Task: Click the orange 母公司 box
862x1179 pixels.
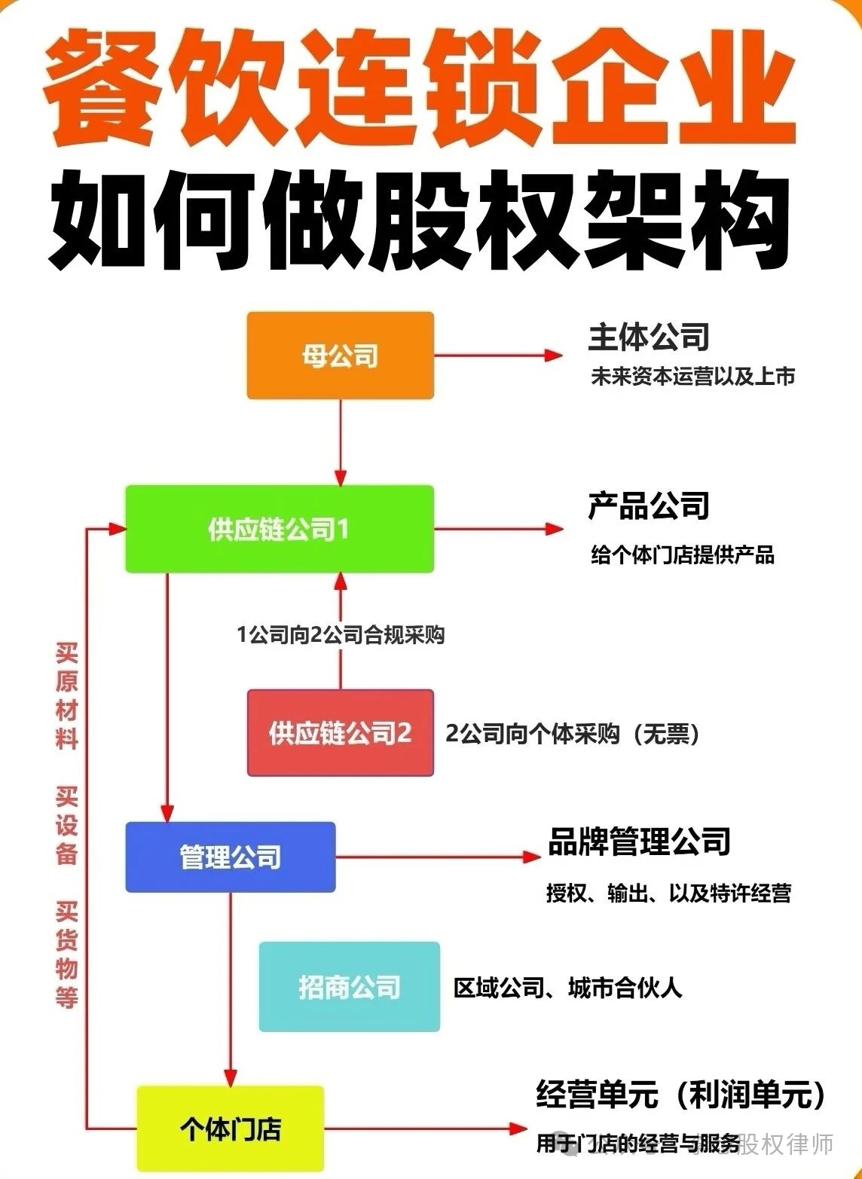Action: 340,356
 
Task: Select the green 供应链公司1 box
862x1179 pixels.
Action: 279,529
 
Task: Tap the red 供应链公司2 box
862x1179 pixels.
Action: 340,732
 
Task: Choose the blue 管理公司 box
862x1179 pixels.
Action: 230,857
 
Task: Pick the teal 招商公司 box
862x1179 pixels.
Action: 349,986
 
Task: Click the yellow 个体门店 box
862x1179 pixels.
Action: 230,1128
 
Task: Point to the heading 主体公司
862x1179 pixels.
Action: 648,337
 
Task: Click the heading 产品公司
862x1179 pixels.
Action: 648,506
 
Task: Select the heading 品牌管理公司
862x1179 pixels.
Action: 639,841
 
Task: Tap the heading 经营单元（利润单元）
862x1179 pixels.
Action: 680,1095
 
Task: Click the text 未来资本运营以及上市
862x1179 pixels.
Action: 692,376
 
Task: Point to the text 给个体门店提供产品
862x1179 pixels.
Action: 682,555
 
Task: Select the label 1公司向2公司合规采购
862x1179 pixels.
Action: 340,635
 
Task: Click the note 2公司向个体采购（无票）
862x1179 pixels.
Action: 573,733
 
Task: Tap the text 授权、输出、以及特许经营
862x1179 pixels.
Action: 668,893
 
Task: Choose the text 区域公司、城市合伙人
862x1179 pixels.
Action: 567,988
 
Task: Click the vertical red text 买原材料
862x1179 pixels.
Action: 67,695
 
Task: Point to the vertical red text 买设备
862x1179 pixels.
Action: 67,826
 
